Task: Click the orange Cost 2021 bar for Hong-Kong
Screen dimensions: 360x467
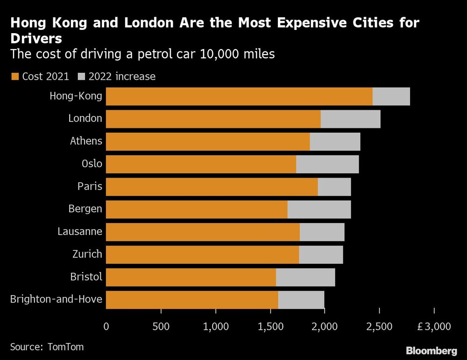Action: (239, 96)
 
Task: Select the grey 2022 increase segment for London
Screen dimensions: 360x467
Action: (350, 119)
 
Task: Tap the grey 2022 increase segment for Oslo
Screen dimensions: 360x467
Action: (327, 164)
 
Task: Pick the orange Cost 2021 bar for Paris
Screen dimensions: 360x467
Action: (212, 187)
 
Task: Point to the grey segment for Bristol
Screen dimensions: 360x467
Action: (305, 277)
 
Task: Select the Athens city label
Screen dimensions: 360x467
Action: (86, 141)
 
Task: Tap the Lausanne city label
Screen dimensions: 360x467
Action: (79, 231)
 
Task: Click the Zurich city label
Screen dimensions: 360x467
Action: (87, 254)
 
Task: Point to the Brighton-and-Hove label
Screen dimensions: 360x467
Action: (56, 299)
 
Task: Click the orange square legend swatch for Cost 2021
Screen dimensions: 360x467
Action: (14, 76)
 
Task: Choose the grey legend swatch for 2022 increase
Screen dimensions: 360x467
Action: (82, 76)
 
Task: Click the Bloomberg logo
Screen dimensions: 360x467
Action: (431, 350)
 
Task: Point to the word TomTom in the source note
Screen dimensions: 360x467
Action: (67, 347)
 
